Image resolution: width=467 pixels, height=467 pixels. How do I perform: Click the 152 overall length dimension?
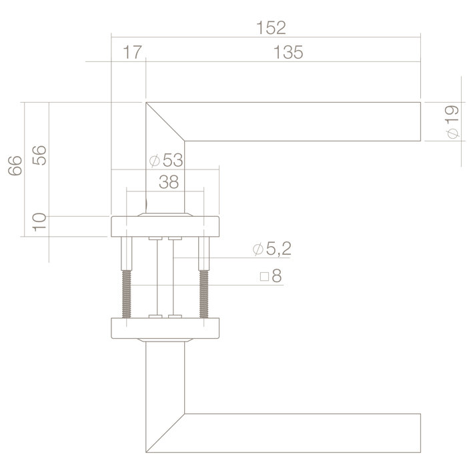point(271,27)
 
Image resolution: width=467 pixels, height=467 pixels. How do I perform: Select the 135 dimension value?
point(288,53)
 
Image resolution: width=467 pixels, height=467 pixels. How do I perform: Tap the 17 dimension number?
point(132,53)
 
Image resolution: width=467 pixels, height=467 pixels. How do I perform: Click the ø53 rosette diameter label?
point(166,161)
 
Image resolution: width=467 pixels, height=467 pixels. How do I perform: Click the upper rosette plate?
point(165,227)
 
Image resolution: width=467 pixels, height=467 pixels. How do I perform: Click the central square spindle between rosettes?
point(165,277)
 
